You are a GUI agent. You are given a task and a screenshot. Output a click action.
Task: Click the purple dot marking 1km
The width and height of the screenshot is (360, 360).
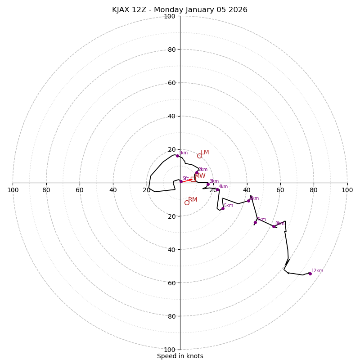coord(177,156)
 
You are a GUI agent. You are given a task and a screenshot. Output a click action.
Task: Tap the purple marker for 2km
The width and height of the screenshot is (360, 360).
coord(197,172)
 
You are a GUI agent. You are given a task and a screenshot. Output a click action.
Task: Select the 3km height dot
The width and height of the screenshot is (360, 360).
coord(208,184)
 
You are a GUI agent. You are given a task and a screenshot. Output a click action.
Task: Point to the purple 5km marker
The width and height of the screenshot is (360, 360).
coord(223,208)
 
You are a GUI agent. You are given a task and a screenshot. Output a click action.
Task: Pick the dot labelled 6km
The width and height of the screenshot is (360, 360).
coord(248,201)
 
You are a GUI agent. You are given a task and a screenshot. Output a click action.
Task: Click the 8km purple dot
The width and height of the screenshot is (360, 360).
coord(274,226)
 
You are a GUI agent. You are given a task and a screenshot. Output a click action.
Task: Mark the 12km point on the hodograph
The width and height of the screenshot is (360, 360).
coord(310,274)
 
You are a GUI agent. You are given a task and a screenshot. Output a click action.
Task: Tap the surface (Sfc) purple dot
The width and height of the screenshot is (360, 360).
coord(181,181)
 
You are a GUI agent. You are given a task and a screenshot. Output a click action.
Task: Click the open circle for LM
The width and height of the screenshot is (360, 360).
coord(199,156)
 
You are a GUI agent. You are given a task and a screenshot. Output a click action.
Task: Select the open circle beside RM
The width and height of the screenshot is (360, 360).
coord(187,202)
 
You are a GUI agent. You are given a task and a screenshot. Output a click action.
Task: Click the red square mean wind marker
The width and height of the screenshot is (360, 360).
coord(193,179)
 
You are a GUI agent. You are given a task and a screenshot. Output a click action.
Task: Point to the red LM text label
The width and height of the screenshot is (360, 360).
coord(205,153)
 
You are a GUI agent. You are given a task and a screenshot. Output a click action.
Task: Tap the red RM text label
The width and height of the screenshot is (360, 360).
coord(193,200)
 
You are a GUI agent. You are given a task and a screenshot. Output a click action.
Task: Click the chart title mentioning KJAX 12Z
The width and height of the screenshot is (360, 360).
coord(180,10)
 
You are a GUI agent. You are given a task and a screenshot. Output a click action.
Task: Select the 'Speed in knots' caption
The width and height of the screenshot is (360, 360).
coord(180,356)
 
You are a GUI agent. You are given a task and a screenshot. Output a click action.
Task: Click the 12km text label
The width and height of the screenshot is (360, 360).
coord(317,271)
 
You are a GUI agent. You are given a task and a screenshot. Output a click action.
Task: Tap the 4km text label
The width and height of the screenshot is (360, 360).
coord(223,187)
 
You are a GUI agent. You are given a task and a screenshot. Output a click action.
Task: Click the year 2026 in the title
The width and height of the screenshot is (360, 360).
coord(238,10)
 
